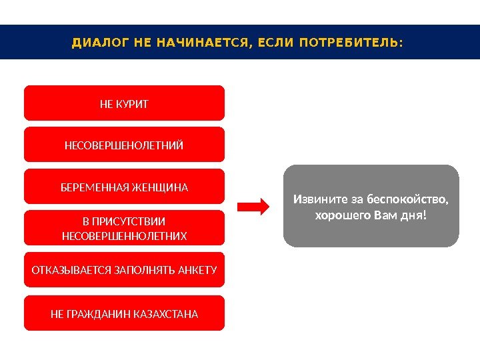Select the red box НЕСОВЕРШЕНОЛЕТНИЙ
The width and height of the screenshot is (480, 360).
[124, 145]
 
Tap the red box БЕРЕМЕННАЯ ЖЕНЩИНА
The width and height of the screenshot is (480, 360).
[124, 187]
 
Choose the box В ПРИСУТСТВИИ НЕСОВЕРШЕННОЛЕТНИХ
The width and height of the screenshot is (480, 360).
[124, 228]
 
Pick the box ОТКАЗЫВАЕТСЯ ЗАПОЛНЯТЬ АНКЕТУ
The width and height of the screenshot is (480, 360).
[124, 270]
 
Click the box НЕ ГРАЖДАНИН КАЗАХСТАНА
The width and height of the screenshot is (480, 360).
[124, 313]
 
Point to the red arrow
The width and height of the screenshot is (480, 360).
[253, 206]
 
